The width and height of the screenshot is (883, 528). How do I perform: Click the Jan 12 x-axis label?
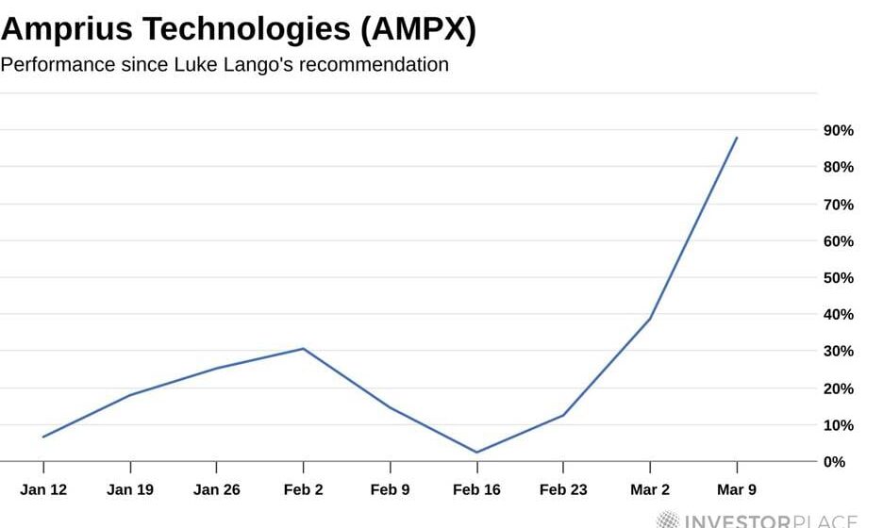[42, 489]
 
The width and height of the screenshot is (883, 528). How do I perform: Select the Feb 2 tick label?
[303, 489]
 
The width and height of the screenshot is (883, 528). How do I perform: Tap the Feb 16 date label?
[476, 489]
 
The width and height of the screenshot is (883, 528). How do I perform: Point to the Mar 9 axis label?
[736, 489]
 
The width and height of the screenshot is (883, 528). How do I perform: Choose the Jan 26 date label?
[216, 489]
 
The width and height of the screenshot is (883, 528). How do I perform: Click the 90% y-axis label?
[839, 130]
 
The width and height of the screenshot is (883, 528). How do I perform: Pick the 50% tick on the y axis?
[839, 278]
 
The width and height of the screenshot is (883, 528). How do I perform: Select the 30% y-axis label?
[839, 352]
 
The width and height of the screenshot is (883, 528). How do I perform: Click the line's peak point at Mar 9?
[736, 138]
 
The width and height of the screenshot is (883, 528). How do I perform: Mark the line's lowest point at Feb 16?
[476, 452]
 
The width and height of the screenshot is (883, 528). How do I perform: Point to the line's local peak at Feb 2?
[303, 349]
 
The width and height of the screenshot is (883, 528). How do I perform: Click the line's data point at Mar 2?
[649, 319]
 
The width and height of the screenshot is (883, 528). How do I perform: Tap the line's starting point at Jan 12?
[43, 437]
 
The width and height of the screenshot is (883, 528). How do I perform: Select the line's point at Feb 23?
[563, 415]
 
